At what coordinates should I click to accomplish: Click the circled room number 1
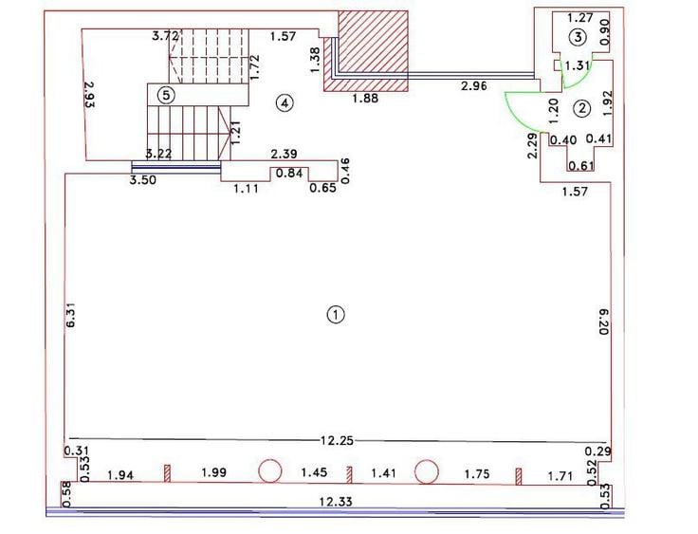[336, 315]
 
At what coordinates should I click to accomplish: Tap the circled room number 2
[582, 108]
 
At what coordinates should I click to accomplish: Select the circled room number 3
[578, 37]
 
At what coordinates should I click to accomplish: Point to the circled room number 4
[285, 103]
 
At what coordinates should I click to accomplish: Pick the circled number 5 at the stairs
[166, 95]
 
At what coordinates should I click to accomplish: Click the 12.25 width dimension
[337, 440]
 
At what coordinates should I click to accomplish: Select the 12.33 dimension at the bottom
[336, 502]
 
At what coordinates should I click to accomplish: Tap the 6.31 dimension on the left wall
[71, 316]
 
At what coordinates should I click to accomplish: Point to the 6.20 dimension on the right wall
[603, 322]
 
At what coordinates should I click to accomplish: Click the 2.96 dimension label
[473, 86]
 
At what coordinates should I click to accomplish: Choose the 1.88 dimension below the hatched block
[365, 98]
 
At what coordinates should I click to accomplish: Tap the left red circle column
[270, 471]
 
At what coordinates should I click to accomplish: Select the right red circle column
[427, 471]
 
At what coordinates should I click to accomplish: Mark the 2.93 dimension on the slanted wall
[89, 94]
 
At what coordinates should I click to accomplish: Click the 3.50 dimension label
[142, 180]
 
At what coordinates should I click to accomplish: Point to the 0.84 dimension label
[289, 173]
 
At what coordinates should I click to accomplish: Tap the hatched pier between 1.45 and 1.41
[349, 475]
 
